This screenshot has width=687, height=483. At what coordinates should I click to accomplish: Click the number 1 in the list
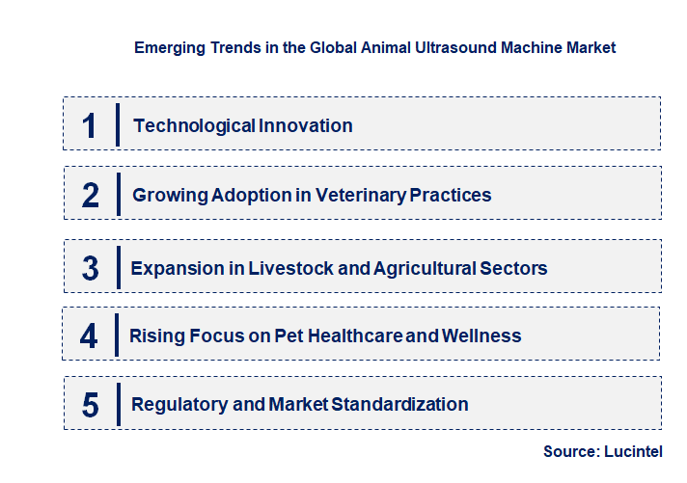pyautogui.click(x=90, y=125)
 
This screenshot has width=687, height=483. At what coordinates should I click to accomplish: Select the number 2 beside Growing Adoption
pyautogui.click(x=91, y=196)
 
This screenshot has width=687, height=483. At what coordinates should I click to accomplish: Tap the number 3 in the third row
pyautogui.click(x=90, y=268)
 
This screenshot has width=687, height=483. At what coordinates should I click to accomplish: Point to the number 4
pyautogui.click(x=89, y=336)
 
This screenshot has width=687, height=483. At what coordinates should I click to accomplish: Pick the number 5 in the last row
pyautogui.click(x=90, y=405)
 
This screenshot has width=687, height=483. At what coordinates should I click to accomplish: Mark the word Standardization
pyautogui.click(x=399, y=405)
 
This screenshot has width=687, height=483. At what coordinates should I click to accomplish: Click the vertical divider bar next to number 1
pyautogui.click(x=117, y=124)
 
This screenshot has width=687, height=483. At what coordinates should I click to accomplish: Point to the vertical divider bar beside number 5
pyautogui.click(x=117, y=404)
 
